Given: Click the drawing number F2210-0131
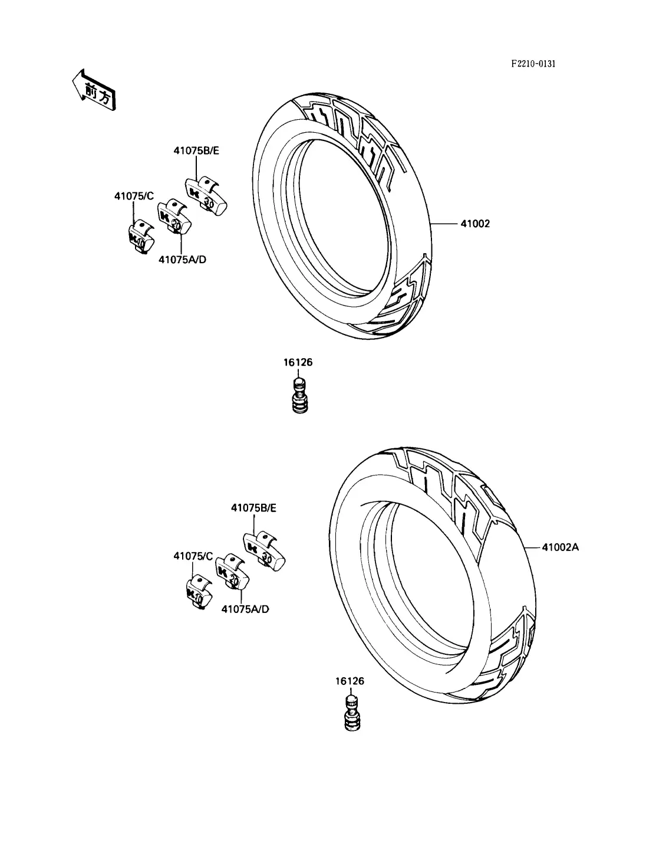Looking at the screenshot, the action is click(x=533, y=64).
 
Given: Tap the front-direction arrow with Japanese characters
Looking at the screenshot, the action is click(x=94, y=91).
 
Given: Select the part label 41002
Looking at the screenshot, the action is click(x=475, y=224).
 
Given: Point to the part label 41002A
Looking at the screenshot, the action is click(x=560, y=547).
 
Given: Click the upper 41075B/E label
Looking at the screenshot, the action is click(x=196, y=150).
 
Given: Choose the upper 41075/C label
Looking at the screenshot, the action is click(x=134, y=196).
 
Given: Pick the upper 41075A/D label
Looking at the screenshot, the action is click(x=183, y=260).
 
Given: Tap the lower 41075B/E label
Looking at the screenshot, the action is click(x=253, y=508).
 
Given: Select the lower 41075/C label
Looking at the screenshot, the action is click(x=193, y=556).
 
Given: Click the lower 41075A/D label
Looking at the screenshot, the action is click(x=245, y=609).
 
